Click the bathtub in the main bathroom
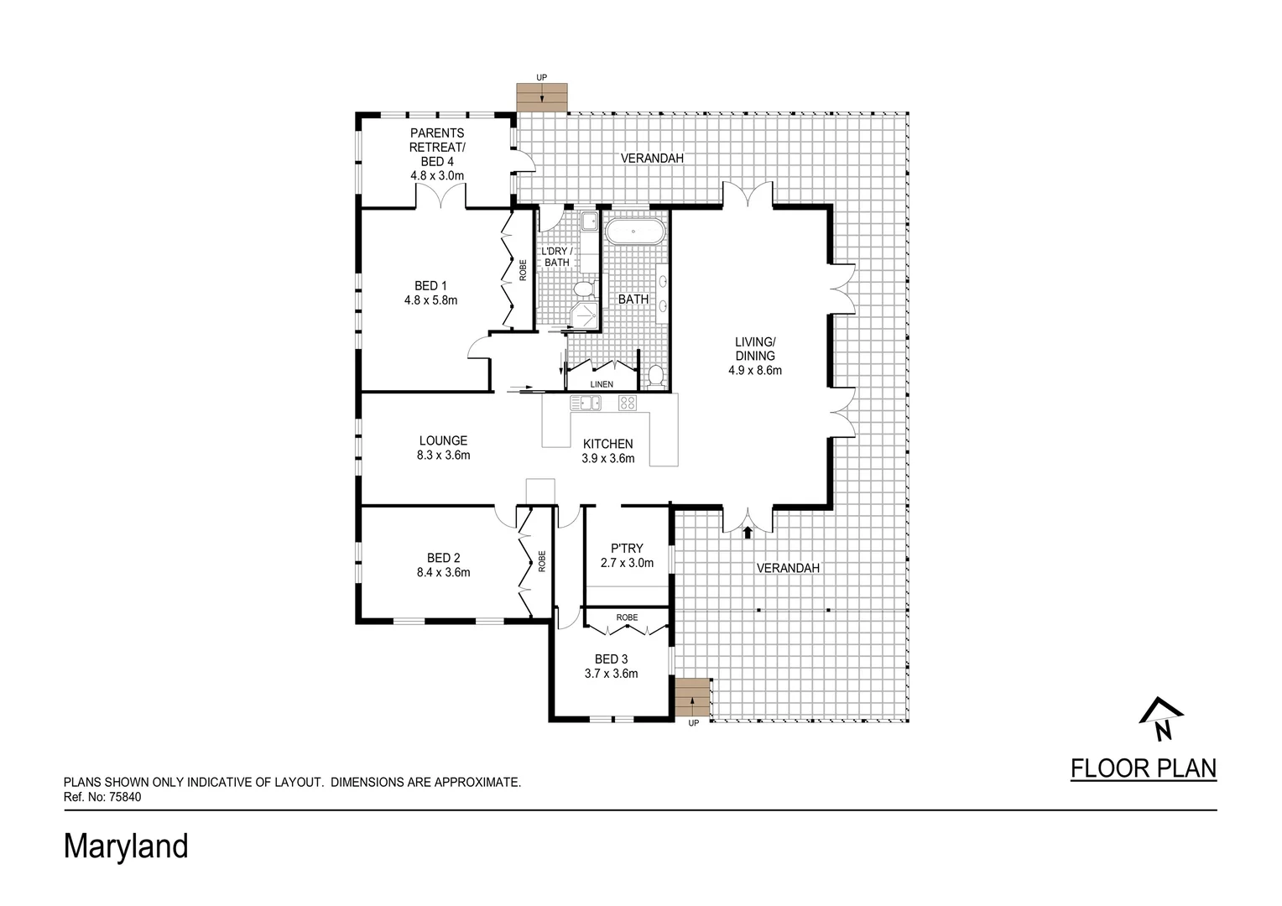pos(635,231)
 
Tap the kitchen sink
pos(586,403)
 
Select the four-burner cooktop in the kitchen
pos(627,403)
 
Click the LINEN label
pos(602,384)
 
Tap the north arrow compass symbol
pos(1161,720)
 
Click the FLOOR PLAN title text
pos(1144,768)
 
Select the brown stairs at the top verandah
pos(542,98)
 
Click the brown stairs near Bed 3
pos(692,697)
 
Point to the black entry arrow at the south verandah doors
pos(748,531)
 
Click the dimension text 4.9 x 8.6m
pos(755,370)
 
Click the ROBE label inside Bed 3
pos(627,617)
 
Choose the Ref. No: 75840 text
pos(102,798)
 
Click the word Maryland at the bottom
pos(126,846)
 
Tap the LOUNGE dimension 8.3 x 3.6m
pos(443,456)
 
